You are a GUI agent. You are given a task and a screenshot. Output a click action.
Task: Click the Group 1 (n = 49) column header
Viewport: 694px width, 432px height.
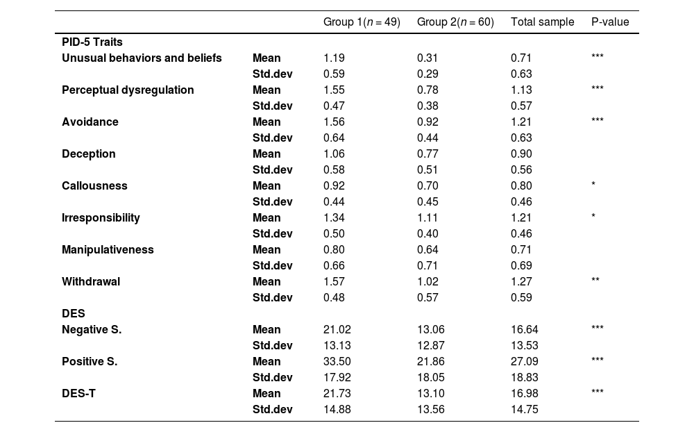[362, 22]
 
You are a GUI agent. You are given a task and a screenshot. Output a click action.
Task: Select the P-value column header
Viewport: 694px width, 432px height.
[610, 22]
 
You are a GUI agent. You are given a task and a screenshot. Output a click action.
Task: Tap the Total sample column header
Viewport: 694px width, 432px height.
[542, 22]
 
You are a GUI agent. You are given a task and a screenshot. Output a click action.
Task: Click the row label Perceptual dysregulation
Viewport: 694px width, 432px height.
[128, 90]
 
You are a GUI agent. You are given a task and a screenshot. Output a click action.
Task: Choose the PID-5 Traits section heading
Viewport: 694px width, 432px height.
[92, 42]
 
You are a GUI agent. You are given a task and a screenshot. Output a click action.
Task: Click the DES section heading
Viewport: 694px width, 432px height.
[73, 314]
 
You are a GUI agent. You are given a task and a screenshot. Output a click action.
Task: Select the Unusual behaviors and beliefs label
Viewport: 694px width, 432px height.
[142, 58]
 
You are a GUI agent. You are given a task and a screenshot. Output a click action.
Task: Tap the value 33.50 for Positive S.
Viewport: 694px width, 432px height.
[337, 362]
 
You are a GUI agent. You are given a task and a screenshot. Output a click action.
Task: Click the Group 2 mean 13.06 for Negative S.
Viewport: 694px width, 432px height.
[430, 330]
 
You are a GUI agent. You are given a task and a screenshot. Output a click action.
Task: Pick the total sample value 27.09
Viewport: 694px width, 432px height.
[524, 362]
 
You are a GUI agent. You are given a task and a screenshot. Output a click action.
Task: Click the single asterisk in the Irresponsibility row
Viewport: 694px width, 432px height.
[593, 217]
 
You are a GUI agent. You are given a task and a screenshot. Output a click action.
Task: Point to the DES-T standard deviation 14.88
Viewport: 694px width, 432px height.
[337, 410]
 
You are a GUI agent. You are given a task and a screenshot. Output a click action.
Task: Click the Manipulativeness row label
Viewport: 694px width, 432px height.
[108, 250]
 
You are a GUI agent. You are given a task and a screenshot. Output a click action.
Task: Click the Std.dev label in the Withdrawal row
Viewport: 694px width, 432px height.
[272, 298]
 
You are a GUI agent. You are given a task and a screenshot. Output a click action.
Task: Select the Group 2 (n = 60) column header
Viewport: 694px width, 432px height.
[455, 22]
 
